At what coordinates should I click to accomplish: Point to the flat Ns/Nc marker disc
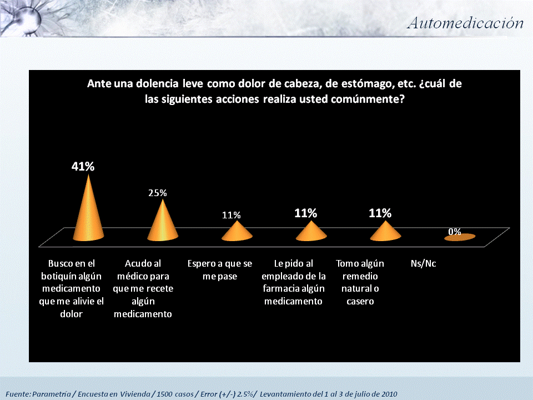(459, 238)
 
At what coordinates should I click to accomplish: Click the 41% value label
(83, 166)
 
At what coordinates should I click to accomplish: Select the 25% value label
(157, 193)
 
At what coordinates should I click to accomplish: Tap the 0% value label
(455, 232)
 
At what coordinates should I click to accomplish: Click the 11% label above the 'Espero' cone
(232, 215)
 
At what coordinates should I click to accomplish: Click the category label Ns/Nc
(423, 263)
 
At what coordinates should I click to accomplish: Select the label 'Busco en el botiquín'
(73, 288)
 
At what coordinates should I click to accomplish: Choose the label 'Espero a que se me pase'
(220, 269)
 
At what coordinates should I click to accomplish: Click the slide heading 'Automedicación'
(465, 23)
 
